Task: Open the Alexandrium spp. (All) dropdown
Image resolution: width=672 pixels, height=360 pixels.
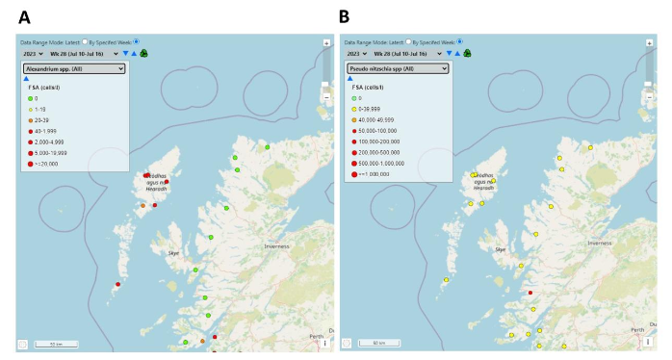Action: pos(74,69)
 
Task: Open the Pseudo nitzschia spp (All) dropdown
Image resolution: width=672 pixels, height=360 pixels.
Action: pos(396,69)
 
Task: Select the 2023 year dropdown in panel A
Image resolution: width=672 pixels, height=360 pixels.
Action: pos(34,54)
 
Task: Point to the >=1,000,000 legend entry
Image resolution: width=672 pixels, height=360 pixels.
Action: pos(378,174)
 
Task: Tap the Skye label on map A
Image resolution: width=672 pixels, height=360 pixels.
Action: pos(174,252)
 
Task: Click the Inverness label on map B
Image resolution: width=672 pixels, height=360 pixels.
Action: pos(599,244)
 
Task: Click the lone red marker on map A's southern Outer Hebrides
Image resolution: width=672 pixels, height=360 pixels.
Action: pos(117,284)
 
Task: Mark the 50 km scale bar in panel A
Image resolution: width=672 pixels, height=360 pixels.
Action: pos(57,344)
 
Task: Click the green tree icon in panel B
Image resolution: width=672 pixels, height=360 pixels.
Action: pos(467,54)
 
